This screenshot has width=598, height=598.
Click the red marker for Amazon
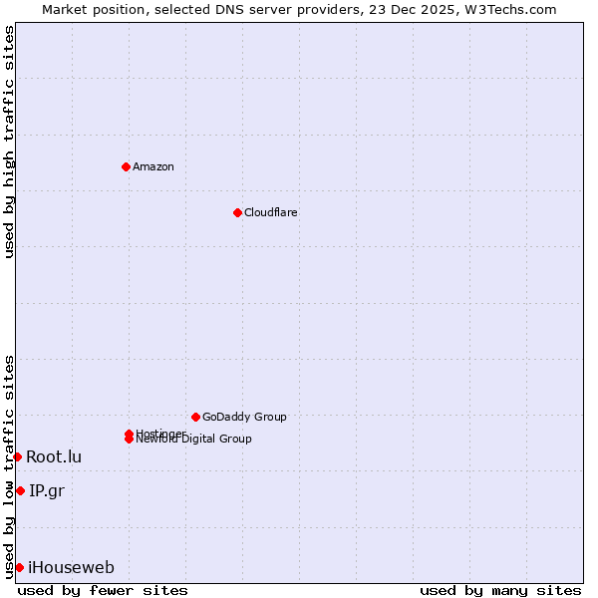click(x=126, y=166)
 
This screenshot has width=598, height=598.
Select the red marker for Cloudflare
click(x=237, y=212)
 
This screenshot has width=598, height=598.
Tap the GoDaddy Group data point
click(x=195, y=417)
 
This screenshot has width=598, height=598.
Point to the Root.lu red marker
click(x=17, y=456)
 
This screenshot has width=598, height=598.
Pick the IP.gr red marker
click(x=20, y=490)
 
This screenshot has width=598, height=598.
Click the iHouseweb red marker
click(x=19, y=567)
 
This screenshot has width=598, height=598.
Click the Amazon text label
click(x=152, y=166)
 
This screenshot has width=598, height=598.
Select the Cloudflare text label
click(x=270, y=212)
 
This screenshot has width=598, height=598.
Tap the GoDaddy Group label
click(x=244, y=417)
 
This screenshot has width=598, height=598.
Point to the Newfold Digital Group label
click(x=194, y=440)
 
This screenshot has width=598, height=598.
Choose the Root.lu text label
click(x=54, y=456)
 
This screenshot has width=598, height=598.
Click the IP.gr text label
click(x=47, y=490)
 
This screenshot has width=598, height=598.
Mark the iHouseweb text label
click(x=71, y=567)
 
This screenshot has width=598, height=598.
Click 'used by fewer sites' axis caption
click(x=102, y=590)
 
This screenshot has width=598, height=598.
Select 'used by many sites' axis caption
click(x=500, y=590)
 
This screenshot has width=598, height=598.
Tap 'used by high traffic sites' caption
click(x=9, y=142)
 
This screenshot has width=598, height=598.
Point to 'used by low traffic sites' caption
click(x=9, y=466)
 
